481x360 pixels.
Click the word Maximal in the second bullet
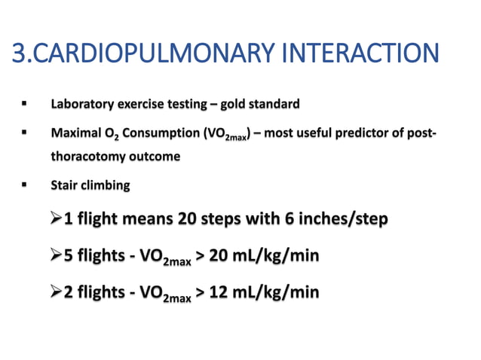point(74,133)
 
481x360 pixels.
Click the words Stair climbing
point(90,185)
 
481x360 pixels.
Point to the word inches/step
point(336,220)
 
